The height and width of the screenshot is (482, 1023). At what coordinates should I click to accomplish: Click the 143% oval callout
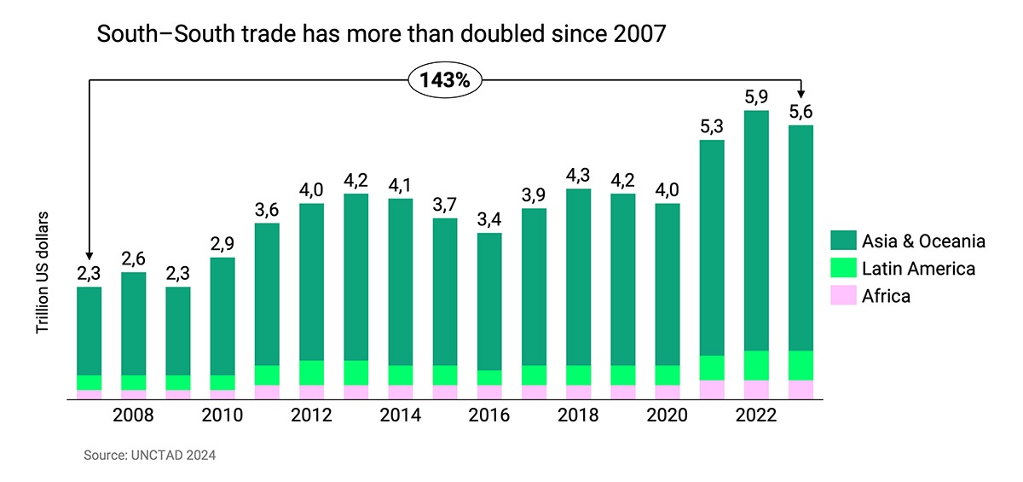point(446,80)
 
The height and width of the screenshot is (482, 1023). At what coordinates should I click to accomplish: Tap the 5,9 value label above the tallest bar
point(756,97)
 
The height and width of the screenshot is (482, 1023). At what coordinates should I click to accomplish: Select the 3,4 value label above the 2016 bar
point(489,219)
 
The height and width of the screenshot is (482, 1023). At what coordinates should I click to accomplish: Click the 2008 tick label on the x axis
point(133,415)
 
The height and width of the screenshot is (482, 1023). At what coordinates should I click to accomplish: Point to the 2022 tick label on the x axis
point(756,415)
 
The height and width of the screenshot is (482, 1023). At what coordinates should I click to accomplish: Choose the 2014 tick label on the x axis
point(401,415)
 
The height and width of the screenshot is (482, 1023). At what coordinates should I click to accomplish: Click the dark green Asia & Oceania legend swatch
point(841,241)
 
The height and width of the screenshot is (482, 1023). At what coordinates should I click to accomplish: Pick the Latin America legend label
point(918,269)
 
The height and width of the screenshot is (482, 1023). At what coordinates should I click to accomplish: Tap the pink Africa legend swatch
point(841,296)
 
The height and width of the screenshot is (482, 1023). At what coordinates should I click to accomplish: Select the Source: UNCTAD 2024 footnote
point(149,456)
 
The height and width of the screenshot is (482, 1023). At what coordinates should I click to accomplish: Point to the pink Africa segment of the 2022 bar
point(756,390)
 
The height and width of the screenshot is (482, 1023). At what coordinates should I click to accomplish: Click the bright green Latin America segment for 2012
point(311,373)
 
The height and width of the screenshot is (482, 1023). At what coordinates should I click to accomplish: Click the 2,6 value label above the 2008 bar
point(133,258)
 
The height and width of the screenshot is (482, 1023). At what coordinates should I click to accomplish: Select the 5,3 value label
point(712,126)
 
